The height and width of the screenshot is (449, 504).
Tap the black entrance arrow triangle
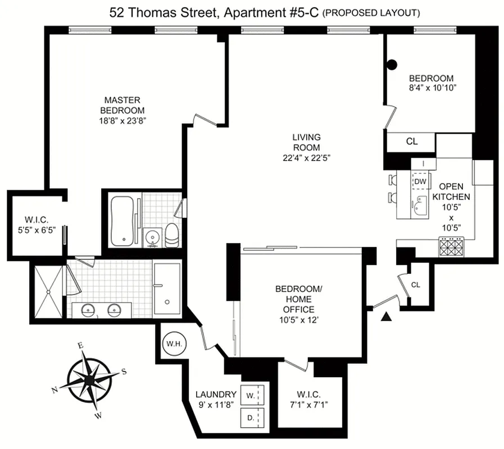click(386, 318)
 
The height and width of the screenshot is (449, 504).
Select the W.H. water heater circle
click(171, 343)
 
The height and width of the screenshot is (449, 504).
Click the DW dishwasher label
click(420, 181)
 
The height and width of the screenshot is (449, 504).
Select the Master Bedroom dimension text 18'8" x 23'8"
click(122, 120)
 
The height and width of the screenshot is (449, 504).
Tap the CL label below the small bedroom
click(411, 141)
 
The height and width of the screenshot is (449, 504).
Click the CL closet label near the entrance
click(415, 285)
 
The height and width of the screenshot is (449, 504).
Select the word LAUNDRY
click(215, 394)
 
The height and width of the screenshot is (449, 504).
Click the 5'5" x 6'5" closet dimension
click(37, 228)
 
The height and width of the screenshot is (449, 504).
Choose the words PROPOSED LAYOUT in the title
click(370, 13)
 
